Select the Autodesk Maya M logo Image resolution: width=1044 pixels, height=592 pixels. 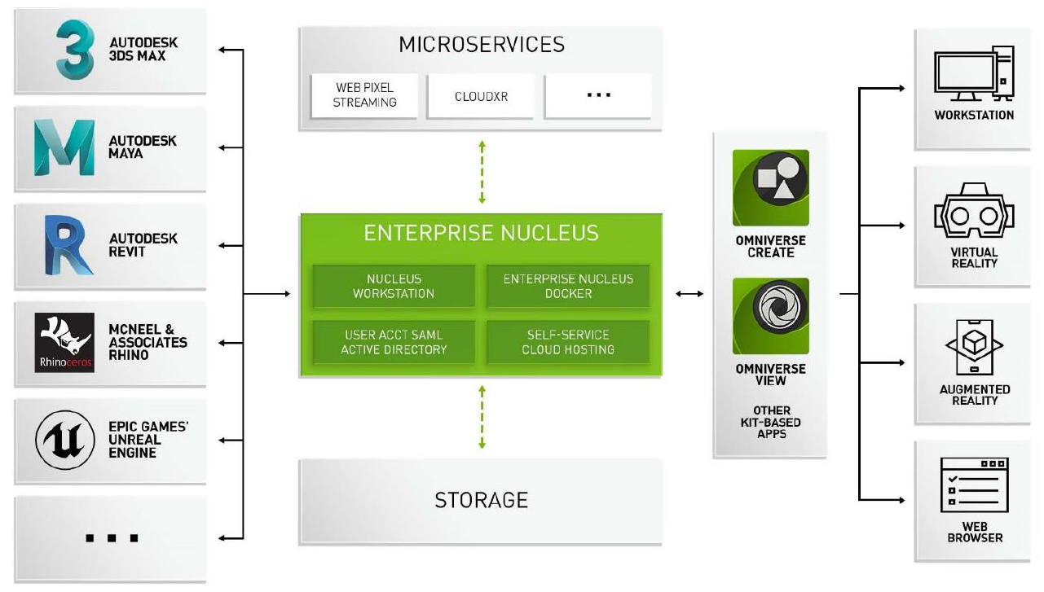(x=64, y=147)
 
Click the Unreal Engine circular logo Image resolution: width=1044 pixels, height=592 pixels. (x=64, y=440)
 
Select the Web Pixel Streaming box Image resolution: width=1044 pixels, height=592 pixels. (x=365, y=96)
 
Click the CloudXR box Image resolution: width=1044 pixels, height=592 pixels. (x=481, y=96)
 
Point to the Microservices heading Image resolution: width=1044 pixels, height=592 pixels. (x=481, y=45)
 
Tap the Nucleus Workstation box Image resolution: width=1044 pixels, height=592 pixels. (x=393, y=286)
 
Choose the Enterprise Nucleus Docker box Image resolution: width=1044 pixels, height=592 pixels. (x=568, y=286)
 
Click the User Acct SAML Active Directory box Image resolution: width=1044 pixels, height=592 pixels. (x=393, y=342)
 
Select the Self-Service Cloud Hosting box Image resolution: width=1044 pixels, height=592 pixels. (x=568, y=342)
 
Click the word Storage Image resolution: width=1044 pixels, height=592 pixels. (x=481, y=499)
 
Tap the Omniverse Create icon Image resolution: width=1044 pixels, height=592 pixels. (x=770, y=188)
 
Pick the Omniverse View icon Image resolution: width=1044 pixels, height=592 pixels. (x=770, y=316)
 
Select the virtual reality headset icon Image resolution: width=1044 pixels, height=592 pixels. (x=974, y=214)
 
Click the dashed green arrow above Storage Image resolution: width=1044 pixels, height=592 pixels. (x=482, y=416)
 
